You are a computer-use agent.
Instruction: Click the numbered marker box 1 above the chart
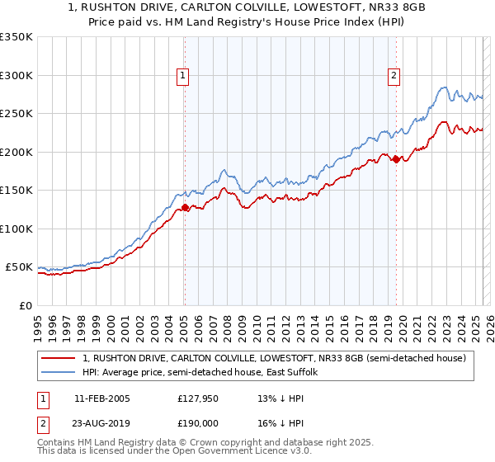[x=182, y=76]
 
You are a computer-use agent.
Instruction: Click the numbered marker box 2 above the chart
[x=394, y=76]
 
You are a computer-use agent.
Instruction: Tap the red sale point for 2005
[x=185, y=208]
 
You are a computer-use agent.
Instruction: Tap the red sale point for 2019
[x=396, y=159]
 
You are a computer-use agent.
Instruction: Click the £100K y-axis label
[x=16, y=229]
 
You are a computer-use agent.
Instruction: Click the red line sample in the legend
[x=59, y=358]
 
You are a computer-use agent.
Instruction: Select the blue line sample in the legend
[x=59, y=373]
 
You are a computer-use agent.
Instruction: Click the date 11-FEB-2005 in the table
[x=101, y=398]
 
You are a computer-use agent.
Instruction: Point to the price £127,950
[x=196, y=398]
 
